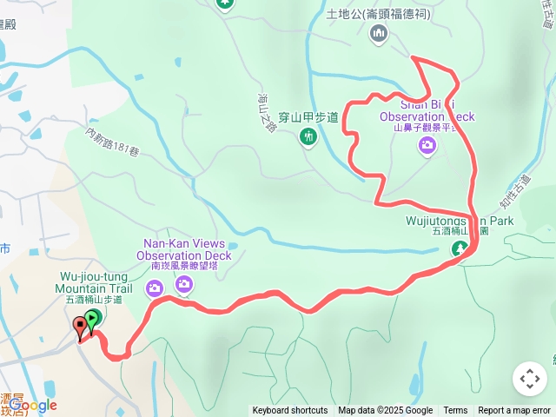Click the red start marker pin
(x=81, y=328)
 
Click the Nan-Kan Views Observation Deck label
(x=183, y=249)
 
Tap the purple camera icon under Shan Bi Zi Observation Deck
(x=427, y=145)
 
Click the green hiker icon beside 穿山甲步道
(x=308, y=136)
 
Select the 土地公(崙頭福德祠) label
(x=378, y=14)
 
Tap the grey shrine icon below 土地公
(x=378, y=33)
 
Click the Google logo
(x=33, y=405)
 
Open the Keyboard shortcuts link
(x=290, y=411)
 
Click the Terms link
(x=455, y=411)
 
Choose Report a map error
(x=514, y=411)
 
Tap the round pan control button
(x=529, y=379)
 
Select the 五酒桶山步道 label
(x=94, y=300)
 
